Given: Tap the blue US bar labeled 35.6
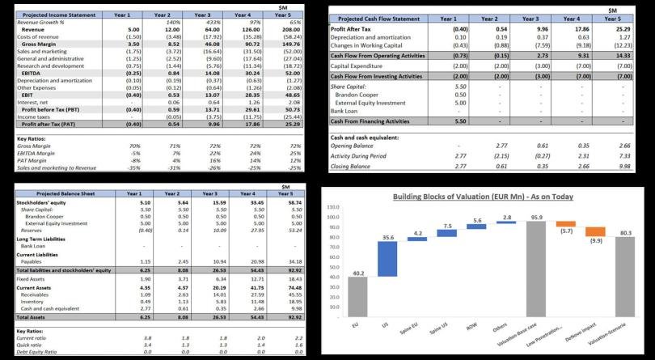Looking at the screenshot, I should (387, 260).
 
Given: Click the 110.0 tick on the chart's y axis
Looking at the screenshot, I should (332, 208).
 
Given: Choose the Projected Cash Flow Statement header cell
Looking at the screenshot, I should (378, 18).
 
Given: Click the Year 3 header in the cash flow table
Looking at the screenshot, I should (530, 18).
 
